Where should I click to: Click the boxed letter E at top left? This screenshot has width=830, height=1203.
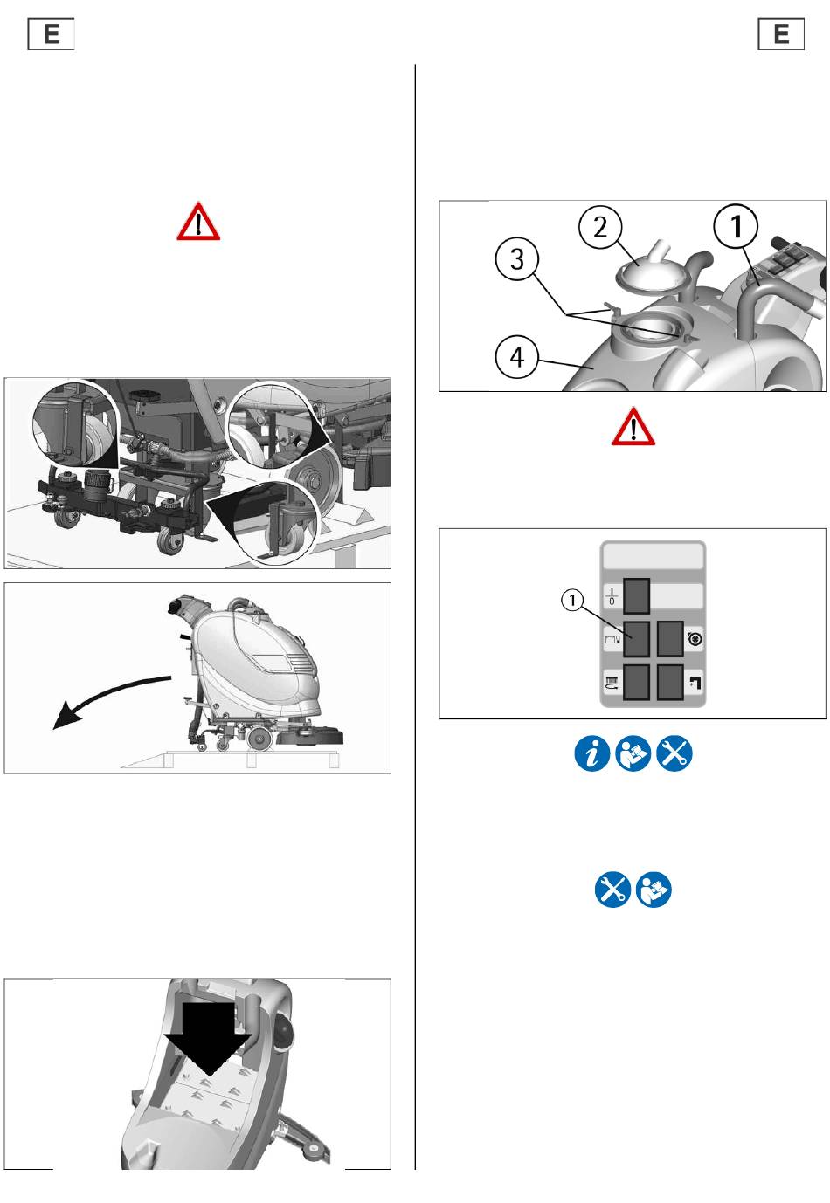click(51, 34)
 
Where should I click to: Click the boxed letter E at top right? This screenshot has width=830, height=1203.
click(780, 34)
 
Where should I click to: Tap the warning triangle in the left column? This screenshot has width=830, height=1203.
click(198, 222)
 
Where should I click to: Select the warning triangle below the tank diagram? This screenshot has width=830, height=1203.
click(633, 426)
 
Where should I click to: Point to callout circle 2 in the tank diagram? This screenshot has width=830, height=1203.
click(600, 227)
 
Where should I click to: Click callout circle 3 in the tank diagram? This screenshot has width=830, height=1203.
click(516, 259)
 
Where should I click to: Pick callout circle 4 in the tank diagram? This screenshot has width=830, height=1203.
click(516, 357)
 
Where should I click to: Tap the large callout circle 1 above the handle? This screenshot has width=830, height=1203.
click(736, 226)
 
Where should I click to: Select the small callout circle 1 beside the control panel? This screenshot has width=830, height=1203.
click(571, 600)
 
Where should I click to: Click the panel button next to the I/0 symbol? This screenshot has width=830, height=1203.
click(636, 595)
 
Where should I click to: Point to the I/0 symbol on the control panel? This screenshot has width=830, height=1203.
click(612, 596)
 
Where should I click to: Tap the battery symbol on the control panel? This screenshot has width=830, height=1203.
click(612, 639)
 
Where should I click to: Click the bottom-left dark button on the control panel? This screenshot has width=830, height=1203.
click(636, 682)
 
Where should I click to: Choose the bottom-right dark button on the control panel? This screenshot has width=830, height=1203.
click(670, 682)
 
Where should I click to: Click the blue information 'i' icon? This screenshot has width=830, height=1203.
click(591, 753)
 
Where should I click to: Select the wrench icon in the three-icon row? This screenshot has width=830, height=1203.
click(674, 753)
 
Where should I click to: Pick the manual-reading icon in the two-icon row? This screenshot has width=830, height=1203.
click(654, 890)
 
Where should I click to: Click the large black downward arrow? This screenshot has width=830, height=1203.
click(208, 1038)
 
